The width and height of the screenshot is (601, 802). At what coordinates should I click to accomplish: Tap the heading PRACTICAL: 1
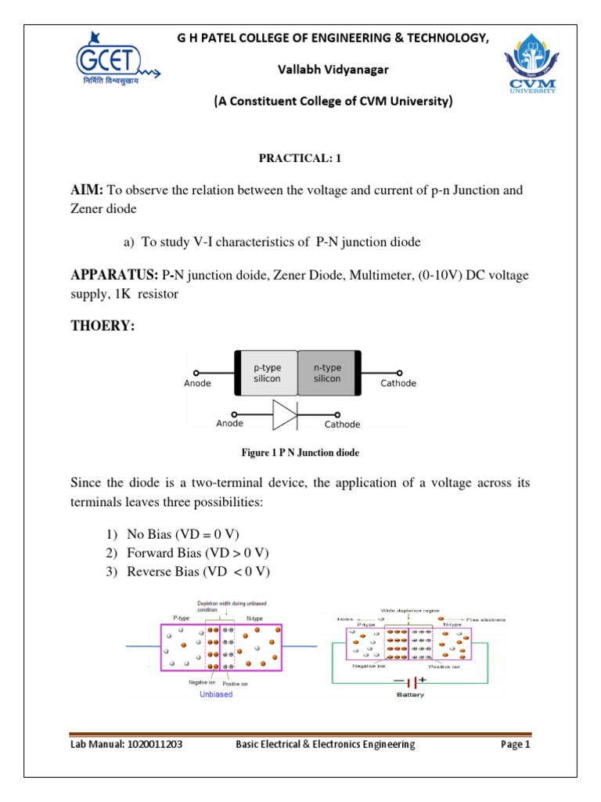[x=300, y=158]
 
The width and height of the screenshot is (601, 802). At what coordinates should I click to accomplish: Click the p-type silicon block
[x=267, y=372]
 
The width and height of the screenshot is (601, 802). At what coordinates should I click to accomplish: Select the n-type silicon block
[x=327, y=372]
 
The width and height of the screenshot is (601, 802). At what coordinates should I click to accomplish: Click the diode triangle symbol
[x=284, y=414]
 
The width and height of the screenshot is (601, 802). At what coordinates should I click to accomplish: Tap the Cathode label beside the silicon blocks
[x=398, y=383]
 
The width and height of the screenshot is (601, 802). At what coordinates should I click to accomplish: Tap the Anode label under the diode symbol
[x=229, y=424]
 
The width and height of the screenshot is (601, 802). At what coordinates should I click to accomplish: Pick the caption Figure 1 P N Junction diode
[x=300, y=452]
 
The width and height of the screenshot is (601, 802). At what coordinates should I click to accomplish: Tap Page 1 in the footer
[x=516, y=745]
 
